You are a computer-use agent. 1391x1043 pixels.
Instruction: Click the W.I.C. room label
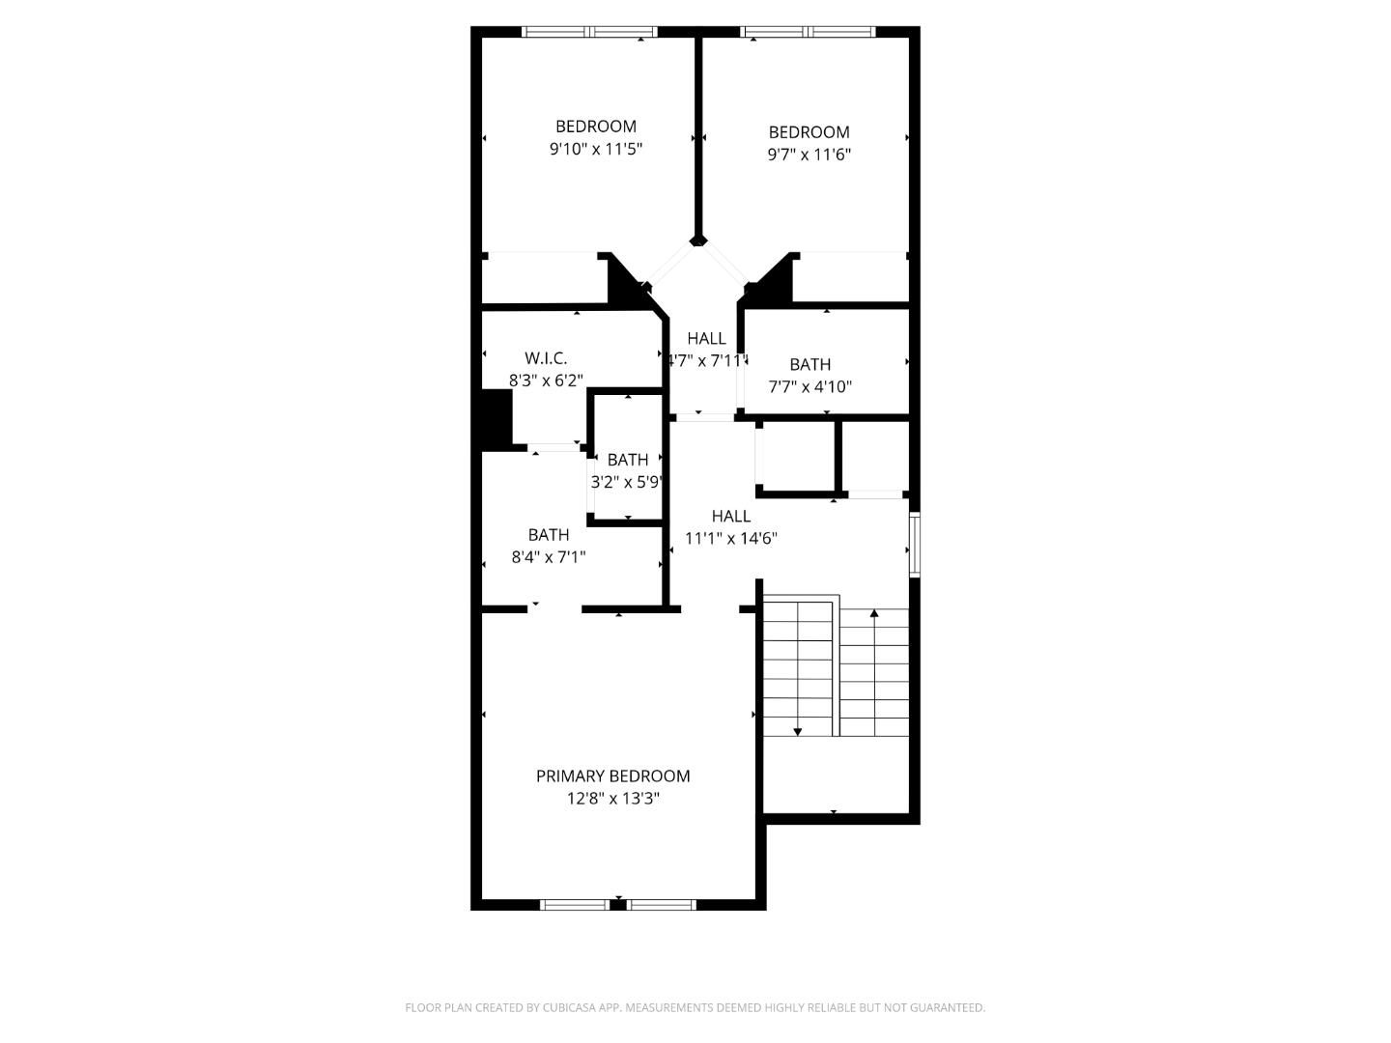click(x=546, y=358)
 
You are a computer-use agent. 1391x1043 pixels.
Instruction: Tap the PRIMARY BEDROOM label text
click(x=612, y=775)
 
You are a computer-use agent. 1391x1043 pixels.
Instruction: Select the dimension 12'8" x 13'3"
click(x=612, y=799)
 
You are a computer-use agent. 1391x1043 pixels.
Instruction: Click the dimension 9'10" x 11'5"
click(x=595, y=149)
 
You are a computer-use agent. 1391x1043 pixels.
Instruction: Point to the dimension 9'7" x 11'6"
click(x=809, y=155)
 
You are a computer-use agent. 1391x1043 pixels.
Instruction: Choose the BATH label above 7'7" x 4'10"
click(x=809, y=364)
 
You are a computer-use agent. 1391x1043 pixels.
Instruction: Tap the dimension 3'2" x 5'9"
click(x=627, y=481)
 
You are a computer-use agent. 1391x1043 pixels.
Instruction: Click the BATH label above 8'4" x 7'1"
click(x=548, y=534)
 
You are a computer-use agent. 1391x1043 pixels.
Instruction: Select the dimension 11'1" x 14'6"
click(x=730, y=539)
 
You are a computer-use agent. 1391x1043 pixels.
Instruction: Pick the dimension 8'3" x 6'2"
click(x=546, y=381)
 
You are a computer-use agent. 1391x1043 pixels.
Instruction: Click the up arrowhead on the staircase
click(x=874, y=613)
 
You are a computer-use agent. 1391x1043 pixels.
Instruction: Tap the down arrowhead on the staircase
click(x=797, y=731)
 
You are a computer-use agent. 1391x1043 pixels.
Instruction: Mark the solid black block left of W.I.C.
click(x=496, y=418)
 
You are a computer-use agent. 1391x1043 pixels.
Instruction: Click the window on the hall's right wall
click(x=915, y=545)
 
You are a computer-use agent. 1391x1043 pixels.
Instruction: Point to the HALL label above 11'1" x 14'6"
click(x=730, y=516)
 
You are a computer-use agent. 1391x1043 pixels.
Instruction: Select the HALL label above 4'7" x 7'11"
click(x=706, y=338)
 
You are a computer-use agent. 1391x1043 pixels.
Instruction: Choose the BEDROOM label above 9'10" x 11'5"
click(x=595, y=126)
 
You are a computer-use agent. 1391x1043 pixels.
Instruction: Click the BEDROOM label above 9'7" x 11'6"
click(x=809, y=131)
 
